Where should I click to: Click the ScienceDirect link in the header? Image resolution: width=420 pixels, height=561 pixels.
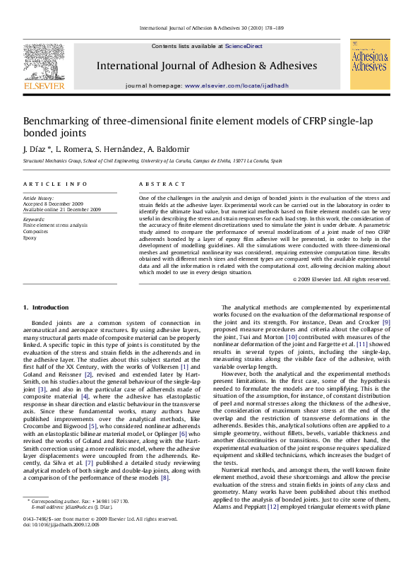click(244, 46)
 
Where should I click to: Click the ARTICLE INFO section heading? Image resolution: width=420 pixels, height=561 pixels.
click(55, 184)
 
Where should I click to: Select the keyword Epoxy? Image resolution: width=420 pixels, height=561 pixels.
click(30, 237)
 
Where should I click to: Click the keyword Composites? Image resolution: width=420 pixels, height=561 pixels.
click(36, 231)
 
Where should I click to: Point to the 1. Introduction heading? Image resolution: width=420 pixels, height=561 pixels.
click(46, 307)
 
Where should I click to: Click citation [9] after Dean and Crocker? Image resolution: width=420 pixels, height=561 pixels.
click(405, 342)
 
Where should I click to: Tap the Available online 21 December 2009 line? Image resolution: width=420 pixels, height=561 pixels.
click(62, 210)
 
